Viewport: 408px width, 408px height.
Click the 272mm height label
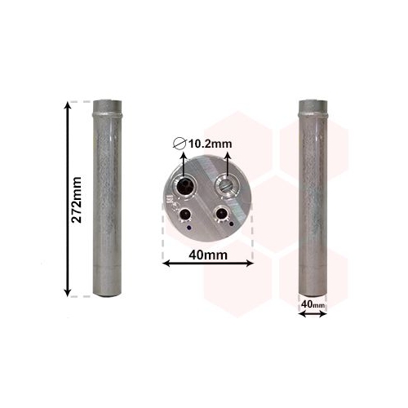(x=76, y=200)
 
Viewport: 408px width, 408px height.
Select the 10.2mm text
(x=211, y=144)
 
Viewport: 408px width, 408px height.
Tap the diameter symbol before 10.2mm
(x=180, y=144)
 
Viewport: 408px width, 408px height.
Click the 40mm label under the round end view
(x=208, y=255)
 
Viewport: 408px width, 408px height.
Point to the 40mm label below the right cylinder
(x=313, y=304)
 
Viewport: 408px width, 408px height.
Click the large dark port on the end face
(x=184, y=186)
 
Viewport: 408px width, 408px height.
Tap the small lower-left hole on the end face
(x=185, y=214)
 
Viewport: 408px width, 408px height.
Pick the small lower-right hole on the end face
(x=221, y=213)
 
